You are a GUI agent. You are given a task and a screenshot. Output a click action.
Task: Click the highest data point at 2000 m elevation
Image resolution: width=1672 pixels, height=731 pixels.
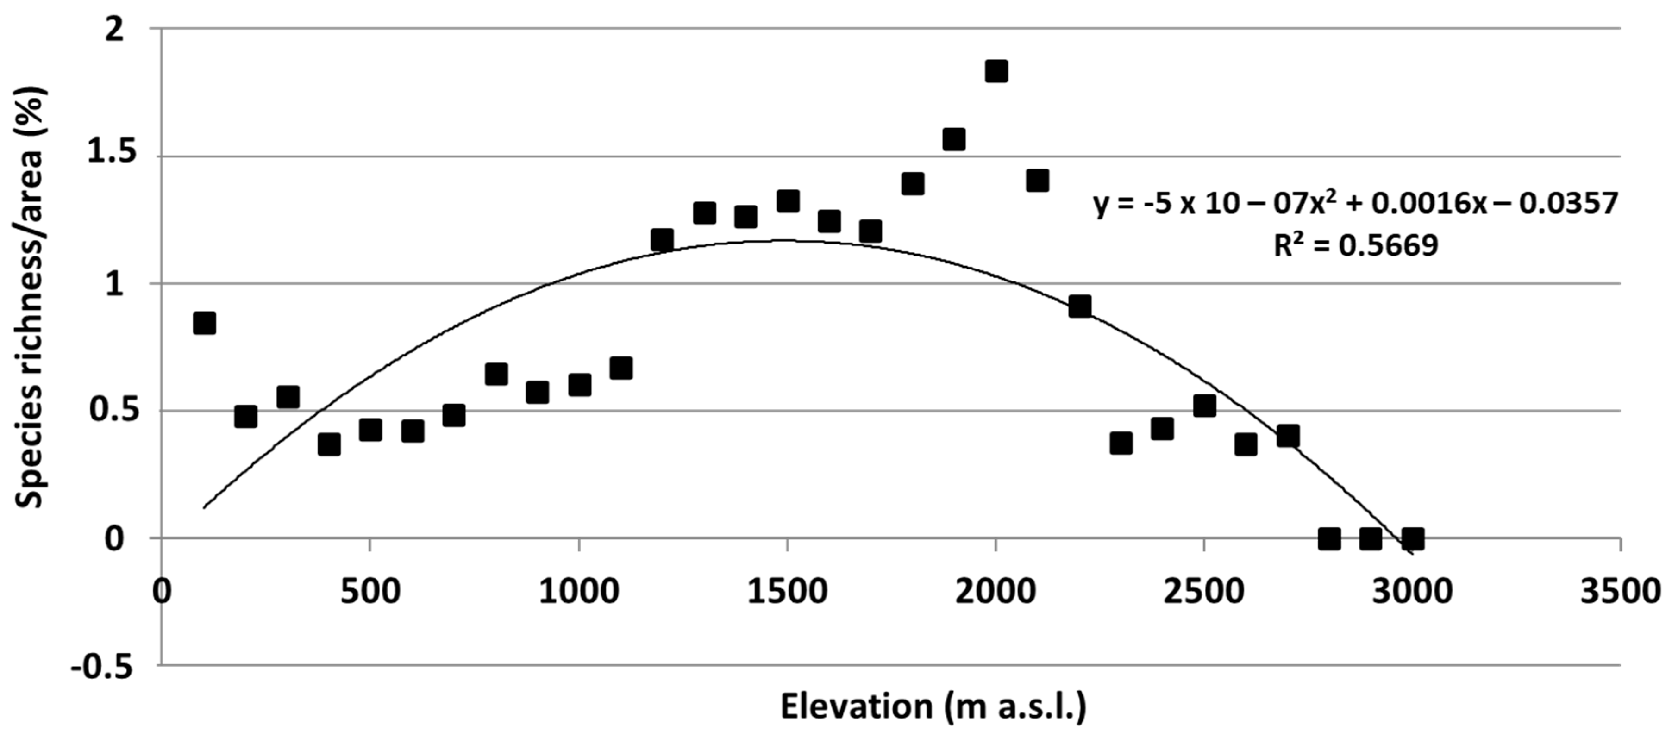996,71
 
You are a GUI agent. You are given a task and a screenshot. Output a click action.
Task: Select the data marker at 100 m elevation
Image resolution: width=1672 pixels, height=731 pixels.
204,323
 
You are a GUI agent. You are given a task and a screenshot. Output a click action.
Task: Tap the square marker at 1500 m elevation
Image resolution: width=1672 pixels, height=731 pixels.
787,200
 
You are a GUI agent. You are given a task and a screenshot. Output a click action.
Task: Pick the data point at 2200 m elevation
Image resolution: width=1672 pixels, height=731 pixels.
1079,306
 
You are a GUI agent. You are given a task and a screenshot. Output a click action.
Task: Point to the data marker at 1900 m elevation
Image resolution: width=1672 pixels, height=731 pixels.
953,139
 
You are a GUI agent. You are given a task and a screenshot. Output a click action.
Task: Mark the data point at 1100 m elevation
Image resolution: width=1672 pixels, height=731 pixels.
620,368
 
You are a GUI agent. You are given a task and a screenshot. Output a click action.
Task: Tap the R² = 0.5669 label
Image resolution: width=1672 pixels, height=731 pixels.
1355,245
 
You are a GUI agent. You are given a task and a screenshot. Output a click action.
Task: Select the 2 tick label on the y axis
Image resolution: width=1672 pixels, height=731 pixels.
114,30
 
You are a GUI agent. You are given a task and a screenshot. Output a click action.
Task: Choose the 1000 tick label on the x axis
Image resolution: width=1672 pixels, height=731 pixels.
578,592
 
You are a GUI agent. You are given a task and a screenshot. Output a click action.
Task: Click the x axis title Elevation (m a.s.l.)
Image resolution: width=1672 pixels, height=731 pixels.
933,707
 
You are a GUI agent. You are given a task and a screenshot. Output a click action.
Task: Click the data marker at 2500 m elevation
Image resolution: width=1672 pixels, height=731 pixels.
1204,406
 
